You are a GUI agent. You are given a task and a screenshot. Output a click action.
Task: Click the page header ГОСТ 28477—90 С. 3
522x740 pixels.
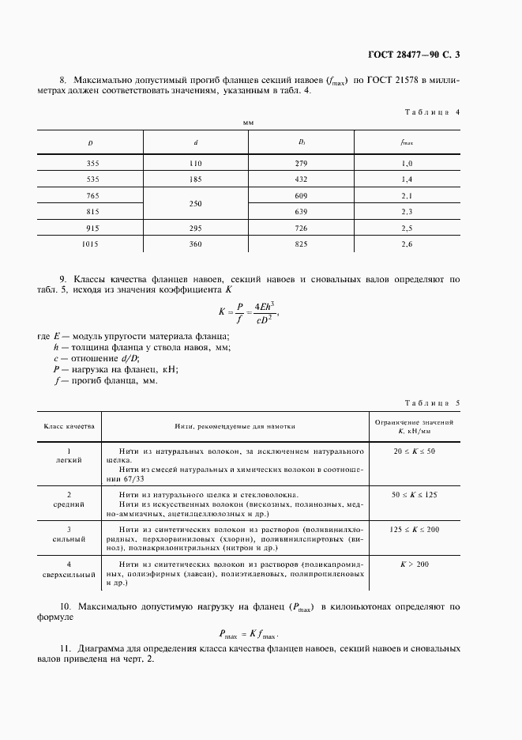[413, 55]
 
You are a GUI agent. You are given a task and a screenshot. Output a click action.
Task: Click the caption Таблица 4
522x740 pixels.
[431, 112]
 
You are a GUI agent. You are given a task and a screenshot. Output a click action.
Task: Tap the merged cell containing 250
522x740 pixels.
[196, 204]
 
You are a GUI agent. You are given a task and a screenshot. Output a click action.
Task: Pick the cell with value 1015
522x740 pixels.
[90, 244]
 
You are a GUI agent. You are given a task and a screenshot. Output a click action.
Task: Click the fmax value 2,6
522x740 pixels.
[407, 244]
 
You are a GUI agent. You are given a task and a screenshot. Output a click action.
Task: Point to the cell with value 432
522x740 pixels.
[301, 180]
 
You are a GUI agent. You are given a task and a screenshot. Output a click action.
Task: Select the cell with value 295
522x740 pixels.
[196, 228]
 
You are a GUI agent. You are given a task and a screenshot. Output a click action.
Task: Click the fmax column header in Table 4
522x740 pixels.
[407, 142]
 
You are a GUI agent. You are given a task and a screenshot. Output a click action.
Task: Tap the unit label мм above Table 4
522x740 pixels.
[248, 123]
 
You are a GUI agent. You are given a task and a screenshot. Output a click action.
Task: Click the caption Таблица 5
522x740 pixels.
[431, 403]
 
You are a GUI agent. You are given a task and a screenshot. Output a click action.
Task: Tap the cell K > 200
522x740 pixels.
[415, 563]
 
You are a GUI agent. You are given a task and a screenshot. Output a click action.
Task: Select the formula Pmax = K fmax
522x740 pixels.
[249, 633]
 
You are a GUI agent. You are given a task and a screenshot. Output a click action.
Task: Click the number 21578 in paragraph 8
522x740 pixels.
[409, 81]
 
